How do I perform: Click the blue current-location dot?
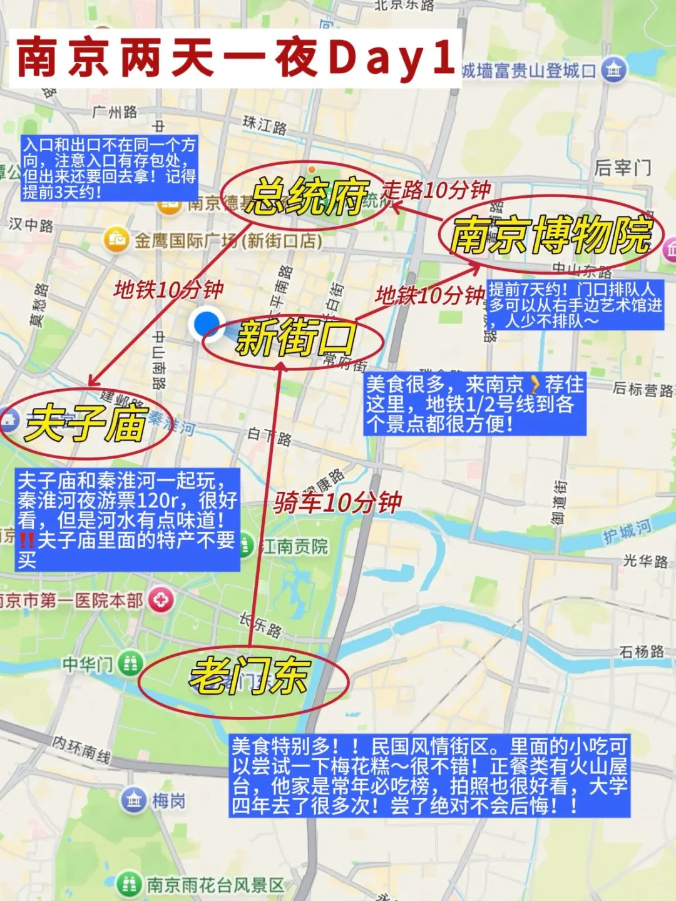(x=206, y=324)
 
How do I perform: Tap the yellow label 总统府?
(x=306, y=197)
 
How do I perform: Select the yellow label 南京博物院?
(x=551, y=236)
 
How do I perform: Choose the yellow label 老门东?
(x=249, y=676)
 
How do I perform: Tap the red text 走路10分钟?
(x=436, y=190)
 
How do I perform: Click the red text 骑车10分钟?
(x=338, y=502)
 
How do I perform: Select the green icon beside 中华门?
(x=130, y=663)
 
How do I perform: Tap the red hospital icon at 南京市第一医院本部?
(x=161, y=600)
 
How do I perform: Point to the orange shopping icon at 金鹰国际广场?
(x=116, y=240)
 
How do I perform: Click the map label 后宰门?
(x=622, y=168)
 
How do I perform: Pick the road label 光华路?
(x=645, y=561)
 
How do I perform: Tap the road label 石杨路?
(x=642, y=652)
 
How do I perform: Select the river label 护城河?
(x=627, y=531)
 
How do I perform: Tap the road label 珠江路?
(x=265, y=126)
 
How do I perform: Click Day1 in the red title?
(x=391, y=58)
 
